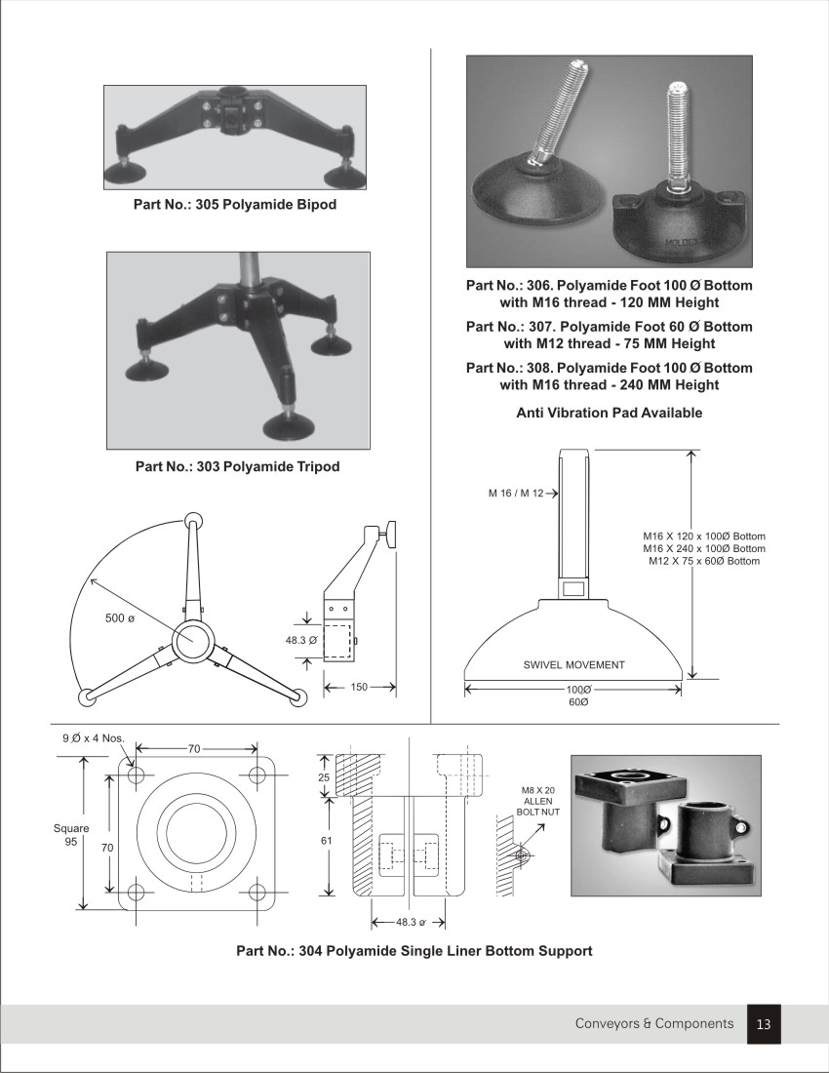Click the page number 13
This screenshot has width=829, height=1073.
point(764,1024)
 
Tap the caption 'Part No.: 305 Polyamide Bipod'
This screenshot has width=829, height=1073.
point(235,205)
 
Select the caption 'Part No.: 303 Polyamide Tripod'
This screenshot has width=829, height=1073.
point(237,466)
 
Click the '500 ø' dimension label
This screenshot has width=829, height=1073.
point(120,618)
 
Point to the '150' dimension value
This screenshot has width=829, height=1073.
point(359,687)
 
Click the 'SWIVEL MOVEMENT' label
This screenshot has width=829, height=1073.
point(573,665)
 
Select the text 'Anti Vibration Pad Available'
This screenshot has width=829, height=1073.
point(609,413)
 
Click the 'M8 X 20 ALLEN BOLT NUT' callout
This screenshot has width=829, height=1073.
point(534,801)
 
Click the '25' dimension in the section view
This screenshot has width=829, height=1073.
point(325,777)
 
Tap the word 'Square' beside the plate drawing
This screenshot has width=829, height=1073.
point(71,828)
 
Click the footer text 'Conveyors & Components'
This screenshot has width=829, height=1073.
point(653,1023)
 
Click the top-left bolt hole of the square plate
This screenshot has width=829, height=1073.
point(136,775)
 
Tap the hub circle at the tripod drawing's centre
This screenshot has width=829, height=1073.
point(194,641)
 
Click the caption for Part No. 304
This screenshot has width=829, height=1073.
point(414,950)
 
